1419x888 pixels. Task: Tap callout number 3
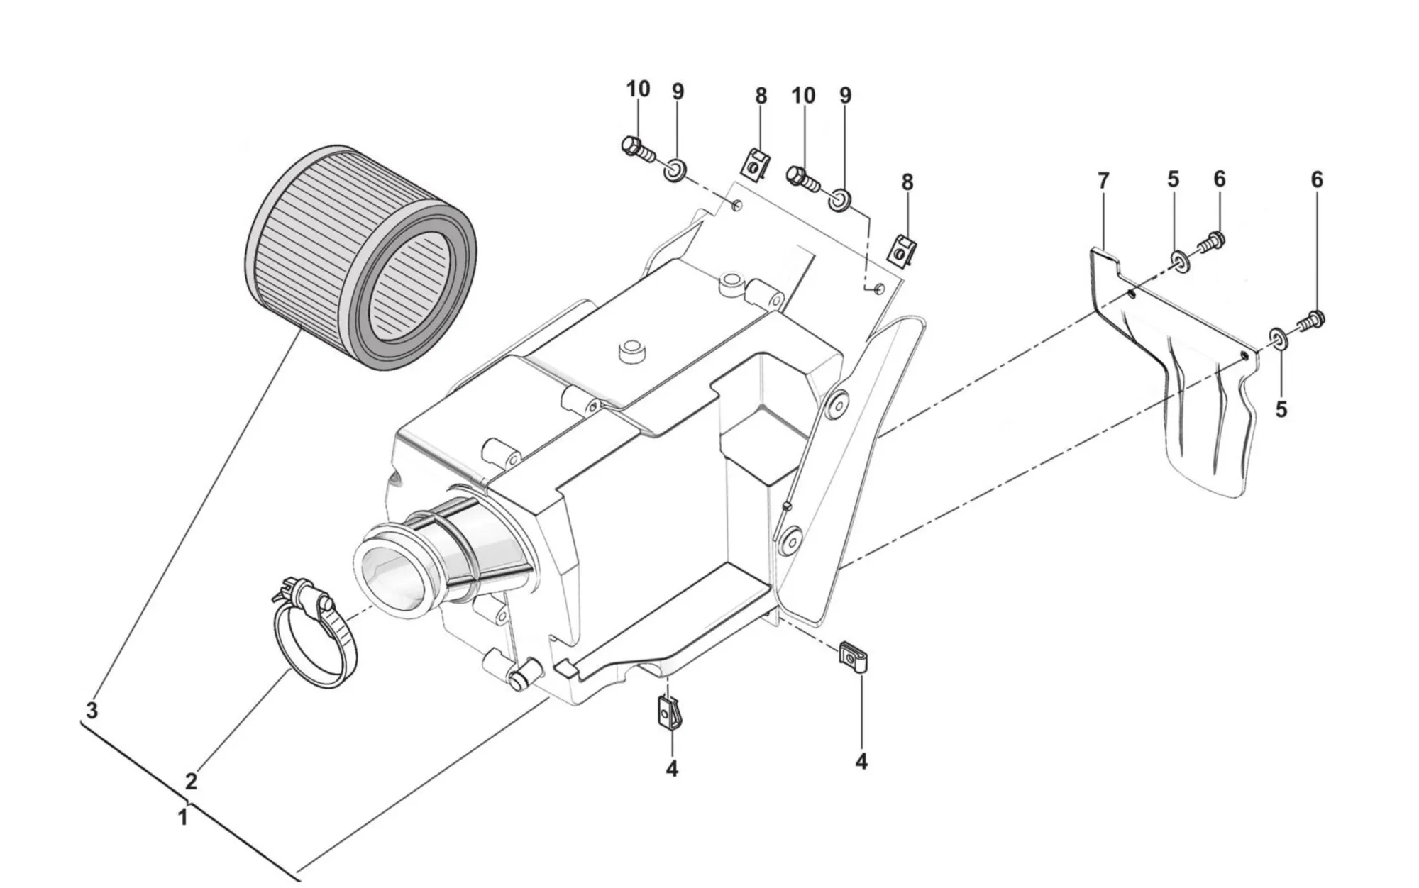tap(92, 710)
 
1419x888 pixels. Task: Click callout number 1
tap(182, 818)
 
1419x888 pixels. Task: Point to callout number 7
tap(1103, 182)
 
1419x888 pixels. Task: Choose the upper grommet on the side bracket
tap(838, 404)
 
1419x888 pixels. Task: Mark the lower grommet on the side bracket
tap(790, 541)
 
